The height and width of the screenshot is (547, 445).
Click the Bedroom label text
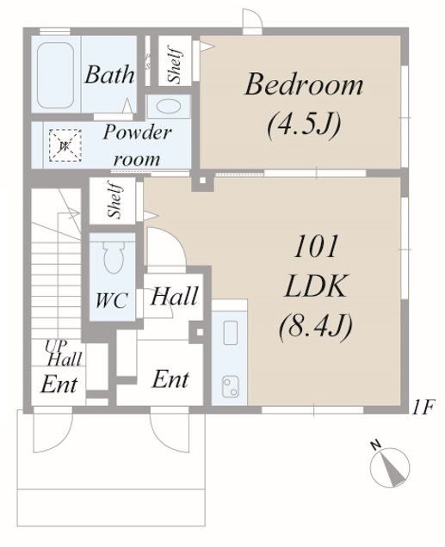click(x=304, y=84)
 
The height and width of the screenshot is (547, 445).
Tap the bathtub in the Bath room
click(x=55, y=75)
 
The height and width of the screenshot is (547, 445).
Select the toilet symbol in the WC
click(x=114, y=257)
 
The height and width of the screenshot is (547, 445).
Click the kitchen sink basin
click(x=231, y=333)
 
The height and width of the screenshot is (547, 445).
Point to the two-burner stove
click(x=231, y=387)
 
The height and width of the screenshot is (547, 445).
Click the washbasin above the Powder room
click(x=168, y=106)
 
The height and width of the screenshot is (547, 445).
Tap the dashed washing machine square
click(x=65, y=145)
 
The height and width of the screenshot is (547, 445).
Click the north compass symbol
click(x=389, y=465)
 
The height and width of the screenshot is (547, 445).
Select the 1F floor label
click(x=422, y=408)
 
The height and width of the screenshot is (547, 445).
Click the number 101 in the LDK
click(x=316, y=247)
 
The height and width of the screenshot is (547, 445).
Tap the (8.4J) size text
click(x=316, y=327)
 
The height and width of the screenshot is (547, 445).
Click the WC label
click(x=112, y=300)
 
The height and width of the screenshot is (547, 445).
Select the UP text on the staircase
click(x=55, y=346)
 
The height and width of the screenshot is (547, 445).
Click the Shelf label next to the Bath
click(x=175, y=65)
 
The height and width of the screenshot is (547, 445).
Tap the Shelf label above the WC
click(x=115, y=200)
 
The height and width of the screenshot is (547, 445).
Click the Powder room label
click(x=137, y=145)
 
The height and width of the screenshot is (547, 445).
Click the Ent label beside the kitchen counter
click(x=170, y=379)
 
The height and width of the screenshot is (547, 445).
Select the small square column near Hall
click(x=200, y=332)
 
